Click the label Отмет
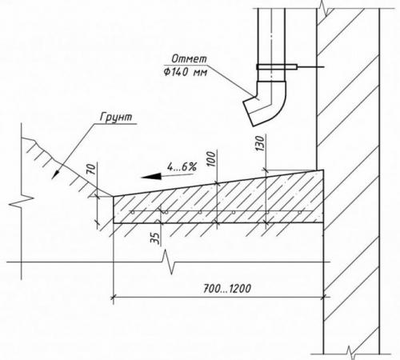coord(189,59)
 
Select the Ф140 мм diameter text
coord(186,72)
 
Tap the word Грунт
coord(116,118)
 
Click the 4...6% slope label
coord(182,167)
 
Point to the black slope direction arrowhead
coord(151,177)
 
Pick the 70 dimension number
coord(91,170)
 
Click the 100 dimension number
coord(211,159)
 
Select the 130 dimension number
coord(260,144)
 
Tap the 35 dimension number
coord(155,238)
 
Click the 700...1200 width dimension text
coord(227,289)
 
